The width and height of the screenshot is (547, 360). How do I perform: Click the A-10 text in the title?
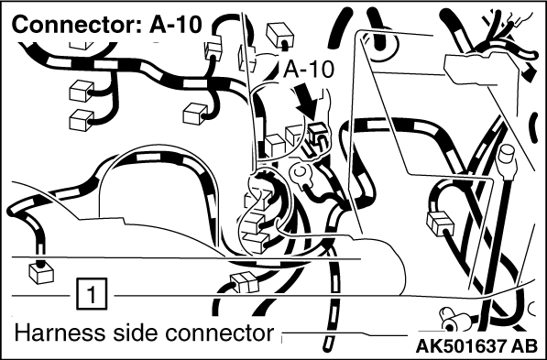pyautogui.click(x=176, y=25)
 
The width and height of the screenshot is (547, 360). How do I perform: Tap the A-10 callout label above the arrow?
pyautogui.click(x=309, y=70)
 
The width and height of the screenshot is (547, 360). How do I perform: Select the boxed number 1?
pyautogui.click(x=93, y=294)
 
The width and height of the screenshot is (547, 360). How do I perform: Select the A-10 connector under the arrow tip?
pyautogui.click(x=317, y=134)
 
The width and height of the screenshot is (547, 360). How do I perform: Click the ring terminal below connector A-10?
pyautogui.click(x=299, y=173)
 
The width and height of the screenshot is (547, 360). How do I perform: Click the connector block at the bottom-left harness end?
pyautogui.click(x=41, y=273)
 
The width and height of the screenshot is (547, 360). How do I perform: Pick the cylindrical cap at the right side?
pyautogui.click(x=507, y=157)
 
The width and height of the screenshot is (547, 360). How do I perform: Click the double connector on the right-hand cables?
pyautogui.click(x=440, y=223)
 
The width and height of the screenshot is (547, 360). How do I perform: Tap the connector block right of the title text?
pyautogui.click(x=213, y=51)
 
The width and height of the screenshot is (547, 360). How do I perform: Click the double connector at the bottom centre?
pyautogui.click(x=245, y=282)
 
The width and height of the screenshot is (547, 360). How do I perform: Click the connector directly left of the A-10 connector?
pyautogui.click(x=295, y=135)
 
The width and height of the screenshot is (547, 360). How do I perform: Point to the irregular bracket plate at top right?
pyautogui.click(x=483, y=68)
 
